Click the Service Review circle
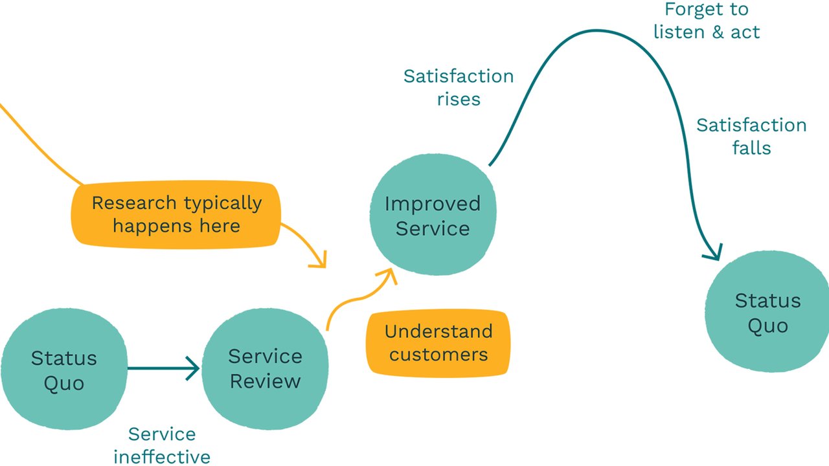click(264, 369)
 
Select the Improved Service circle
click(432, 216)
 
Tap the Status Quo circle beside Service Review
click(63, 370)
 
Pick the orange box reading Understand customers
click(438, 343)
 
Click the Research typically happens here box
click(176, 214)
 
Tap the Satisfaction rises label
click(458, 87)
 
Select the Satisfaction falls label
click(751, 136)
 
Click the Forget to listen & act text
click(706, 21)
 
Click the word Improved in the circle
click(432, 204)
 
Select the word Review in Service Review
click(265, 381)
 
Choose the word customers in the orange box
click(438, 355)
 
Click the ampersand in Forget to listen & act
click(717, 32)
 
